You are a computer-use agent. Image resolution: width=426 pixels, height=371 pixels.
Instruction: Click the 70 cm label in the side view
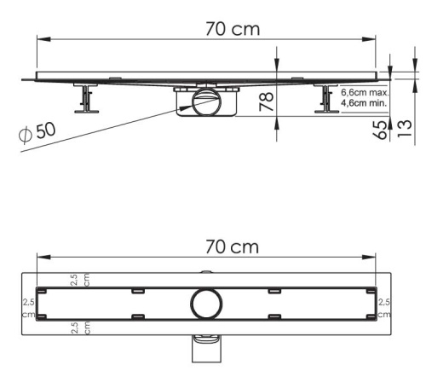click(x=233, y=28)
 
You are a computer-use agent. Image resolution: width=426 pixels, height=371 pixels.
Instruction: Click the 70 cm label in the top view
click(x=231, y=246)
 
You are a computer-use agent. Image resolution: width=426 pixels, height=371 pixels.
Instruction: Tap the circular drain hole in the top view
click(x=205, y=304)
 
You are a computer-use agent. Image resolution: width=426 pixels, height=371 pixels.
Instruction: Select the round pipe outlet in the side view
click(x=204, y=104)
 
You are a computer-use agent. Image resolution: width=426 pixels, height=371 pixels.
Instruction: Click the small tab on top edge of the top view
click(x=204, y=272)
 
